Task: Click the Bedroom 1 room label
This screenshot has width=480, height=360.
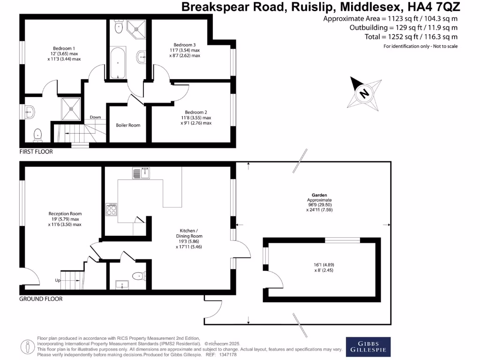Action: click(x=64, y=48)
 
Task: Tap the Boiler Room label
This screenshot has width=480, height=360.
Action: click(x=128, y=125)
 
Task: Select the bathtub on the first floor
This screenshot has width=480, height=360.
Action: click(x=118, y=62)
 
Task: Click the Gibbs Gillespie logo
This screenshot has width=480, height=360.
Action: click(x=367, y=347)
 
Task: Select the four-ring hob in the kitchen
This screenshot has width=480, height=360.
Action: click(x=112, y=210)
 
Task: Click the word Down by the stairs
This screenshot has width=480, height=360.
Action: click(x=95, y=117)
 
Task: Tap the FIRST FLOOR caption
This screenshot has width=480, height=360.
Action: click(x=36, y=152)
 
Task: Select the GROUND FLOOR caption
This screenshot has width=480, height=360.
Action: click(x=41, y=299)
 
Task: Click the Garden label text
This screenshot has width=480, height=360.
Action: click(x=320, y=195)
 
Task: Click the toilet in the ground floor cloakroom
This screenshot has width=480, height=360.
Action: click(x=138, y=276)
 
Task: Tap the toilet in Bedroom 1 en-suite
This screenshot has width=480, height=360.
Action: click(x=37, y=135)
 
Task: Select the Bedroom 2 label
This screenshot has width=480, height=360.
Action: click(x=196, y=112)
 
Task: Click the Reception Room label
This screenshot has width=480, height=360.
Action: click(x=65, y=214)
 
